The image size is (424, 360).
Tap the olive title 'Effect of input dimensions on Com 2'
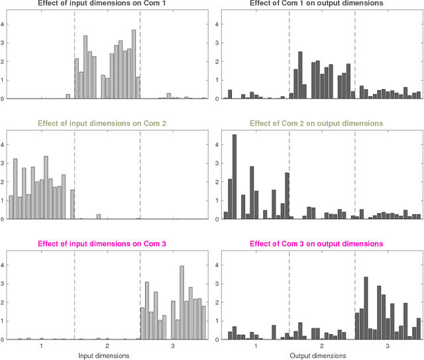pyautogui.click(x=106, y=123)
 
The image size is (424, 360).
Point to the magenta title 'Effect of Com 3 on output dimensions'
pyautogui.click(x=316, y=244)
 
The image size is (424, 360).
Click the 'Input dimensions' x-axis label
pyautogui.click(x=107, y=355)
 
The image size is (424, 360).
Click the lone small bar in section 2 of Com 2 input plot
pyautogui.click(x=98, y=216)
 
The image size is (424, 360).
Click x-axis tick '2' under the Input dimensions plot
pyautogui.click(x=107, y=345)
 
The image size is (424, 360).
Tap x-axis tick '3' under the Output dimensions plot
pyautogui.click(x=387, y=345)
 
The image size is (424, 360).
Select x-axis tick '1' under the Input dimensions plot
pyautogui.click(x=41, y=345)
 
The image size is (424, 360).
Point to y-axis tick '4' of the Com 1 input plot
pyautogui.click(x=4, y=24)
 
